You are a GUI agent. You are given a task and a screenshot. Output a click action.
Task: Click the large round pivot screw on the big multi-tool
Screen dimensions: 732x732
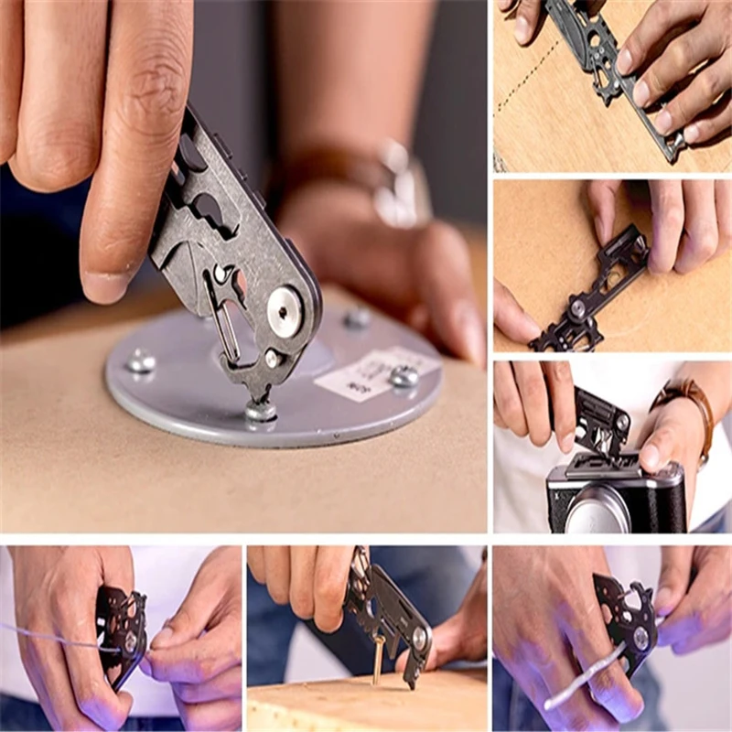(x=285, y=311)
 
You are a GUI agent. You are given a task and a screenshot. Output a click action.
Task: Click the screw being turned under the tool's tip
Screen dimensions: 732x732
(x=260, y=412)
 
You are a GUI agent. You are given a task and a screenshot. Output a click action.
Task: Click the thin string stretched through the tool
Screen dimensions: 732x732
(x=55, y=636)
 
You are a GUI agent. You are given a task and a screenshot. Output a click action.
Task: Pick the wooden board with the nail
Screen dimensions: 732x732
(x=366, y=700)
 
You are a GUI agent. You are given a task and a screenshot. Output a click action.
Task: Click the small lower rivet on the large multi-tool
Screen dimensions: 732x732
(x=271, y=359)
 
